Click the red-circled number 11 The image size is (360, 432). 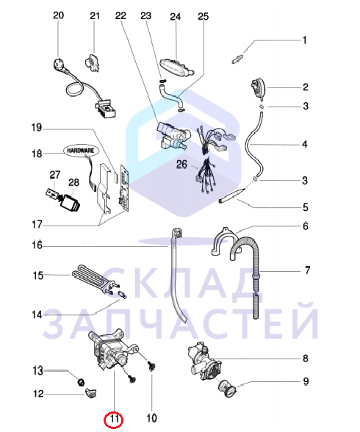click(x=114, y=419)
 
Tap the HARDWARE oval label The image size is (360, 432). click(x=80, y=151)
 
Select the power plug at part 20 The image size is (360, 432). click(x=60, y=67)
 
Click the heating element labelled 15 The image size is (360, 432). click(x=94, y=280)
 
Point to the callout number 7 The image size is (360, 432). click(x=308, y=270)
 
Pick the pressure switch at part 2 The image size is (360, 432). click(x=259, y=87)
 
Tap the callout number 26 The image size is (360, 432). click(x=181, y=165)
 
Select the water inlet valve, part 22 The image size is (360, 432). click(x=172, y=137)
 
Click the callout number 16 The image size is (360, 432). click(x=37, y=245)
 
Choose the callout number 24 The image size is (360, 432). click(x=175, y=17)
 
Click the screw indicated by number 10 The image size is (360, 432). click(x=151, y=367)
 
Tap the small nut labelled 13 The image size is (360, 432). click(x=81, y=382)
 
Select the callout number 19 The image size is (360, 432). click(x=37, y=128)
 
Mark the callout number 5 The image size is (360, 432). click(x=306, y=207)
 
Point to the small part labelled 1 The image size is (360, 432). click(x=237, y=59)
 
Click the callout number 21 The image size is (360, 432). click(x=95, y=15)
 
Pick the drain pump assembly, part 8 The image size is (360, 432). click(x=203, y=360)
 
